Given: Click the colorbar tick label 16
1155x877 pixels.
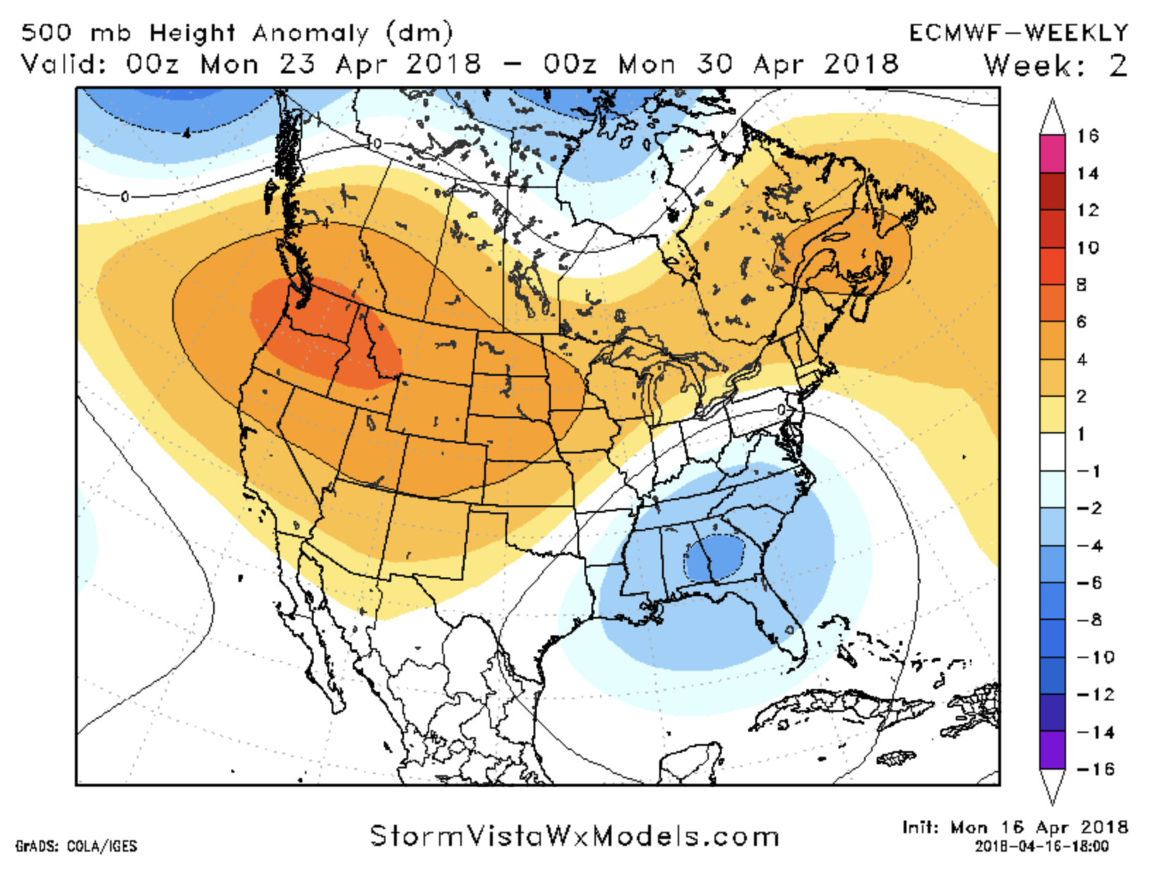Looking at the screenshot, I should click(1088, 136).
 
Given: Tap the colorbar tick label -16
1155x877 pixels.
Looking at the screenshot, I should click(1095, 769).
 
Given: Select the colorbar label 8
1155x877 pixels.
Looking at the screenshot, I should click(1082, 285).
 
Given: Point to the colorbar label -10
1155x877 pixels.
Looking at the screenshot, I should click(1095, 657).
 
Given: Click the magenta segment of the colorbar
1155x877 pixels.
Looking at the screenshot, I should click(1052, 153).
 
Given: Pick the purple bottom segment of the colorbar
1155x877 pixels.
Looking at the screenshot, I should click(1052, 750).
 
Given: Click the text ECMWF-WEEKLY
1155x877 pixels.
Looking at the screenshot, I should click(1018, 32).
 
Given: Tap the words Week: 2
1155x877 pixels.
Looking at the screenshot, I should click(1055, 66).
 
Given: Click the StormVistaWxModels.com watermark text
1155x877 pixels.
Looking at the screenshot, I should click(575, 836).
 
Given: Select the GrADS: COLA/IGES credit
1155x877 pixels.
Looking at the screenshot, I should click(76, 846).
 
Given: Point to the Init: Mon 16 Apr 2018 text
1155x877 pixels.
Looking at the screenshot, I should click(1015, 827).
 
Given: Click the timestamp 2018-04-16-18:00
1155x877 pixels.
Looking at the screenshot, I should click(1041, 846).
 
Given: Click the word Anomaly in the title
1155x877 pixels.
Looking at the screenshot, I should click(311, 32).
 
